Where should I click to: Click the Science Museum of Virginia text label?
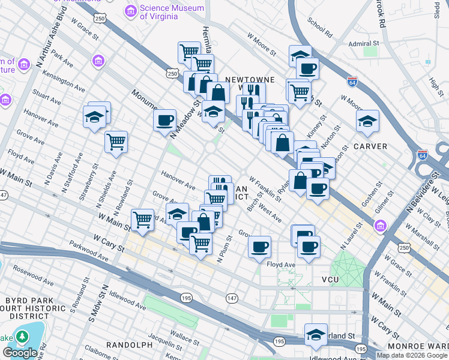[159, 13]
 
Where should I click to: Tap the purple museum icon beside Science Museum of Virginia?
[130, 11]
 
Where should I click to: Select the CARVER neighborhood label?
[370, 146]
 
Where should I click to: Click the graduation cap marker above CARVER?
[367, 121]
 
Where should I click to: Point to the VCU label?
[330, 280]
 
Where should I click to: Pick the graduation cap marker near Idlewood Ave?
[315, 334]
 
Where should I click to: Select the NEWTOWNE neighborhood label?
[250, 79]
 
